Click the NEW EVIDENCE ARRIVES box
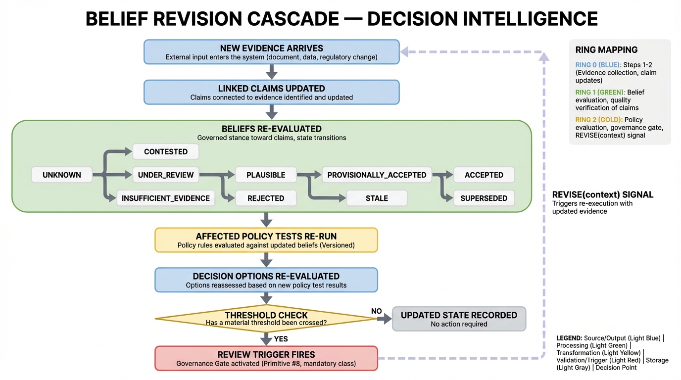[271, 52]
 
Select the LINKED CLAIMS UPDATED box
[271, 93]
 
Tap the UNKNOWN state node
[62, 175]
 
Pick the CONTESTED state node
[166, 151]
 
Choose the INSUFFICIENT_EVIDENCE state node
[166, 198]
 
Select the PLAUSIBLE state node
[266, 175]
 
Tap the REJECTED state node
[266, 198]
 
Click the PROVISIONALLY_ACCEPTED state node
[377, 175]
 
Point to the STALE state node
[377, 198]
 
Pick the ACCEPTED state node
[484, 175]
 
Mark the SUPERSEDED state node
[484, 198]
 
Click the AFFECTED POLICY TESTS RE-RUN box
[266, 240]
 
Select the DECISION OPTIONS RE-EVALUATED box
[266, 280]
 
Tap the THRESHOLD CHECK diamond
[266, 319]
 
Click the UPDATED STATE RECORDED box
[459, 319]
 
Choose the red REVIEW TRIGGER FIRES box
[266, 358]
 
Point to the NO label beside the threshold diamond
[377, 311]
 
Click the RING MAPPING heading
[606, 49]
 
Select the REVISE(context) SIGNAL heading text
[603, 194]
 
